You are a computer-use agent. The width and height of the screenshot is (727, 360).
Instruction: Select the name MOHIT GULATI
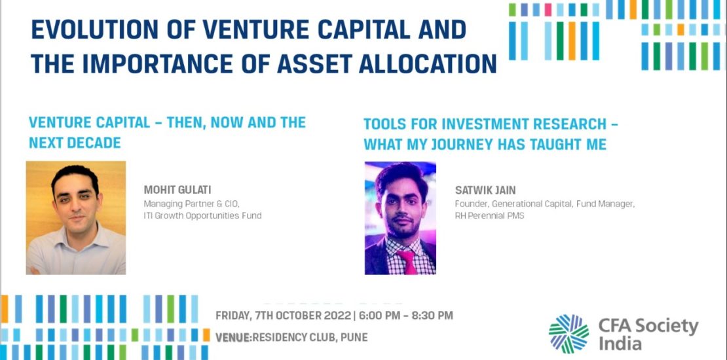click(x=177, y=190)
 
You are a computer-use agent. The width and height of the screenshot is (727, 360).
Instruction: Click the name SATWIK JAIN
click(x=485, y=190)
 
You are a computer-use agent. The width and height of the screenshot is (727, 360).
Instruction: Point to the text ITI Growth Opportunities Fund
click(x=202, y=215)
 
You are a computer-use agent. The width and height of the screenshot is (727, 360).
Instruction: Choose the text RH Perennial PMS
click(x=490, y=215)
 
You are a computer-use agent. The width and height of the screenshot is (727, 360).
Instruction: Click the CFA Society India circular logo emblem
click(x=569, y=334)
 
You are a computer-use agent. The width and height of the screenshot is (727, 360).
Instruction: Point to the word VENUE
click(x=233, y=337)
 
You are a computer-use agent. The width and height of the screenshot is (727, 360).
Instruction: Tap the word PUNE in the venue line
click(x=354, y=337)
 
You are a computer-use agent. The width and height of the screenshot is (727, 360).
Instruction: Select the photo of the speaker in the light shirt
click(x=75, y=218)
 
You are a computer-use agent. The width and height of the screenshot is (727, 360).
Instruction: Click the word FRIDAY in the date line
click(x=233, y=316)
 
